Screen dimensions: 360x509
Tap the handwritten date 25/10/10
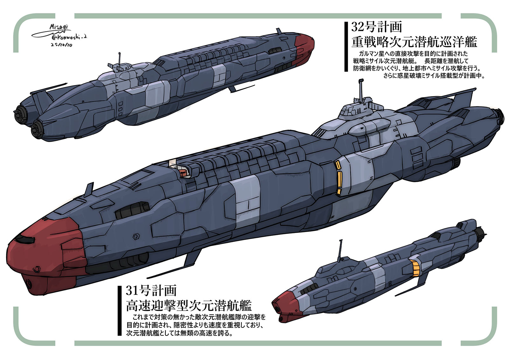pos(61,45)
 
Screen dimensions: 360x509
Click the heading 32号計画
pos(376,27)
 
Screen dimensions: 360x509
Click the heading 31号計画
pos(151,291)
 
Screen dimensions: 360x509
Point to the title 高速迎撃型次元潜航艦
pos(189,306)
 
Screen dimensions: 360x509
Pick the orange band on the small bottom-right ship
pos(415,268)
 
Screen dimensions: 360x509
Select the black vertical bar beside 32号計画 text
pos(346,46)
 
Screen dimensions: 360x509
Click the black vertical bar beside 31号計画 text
pos(120,311)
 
